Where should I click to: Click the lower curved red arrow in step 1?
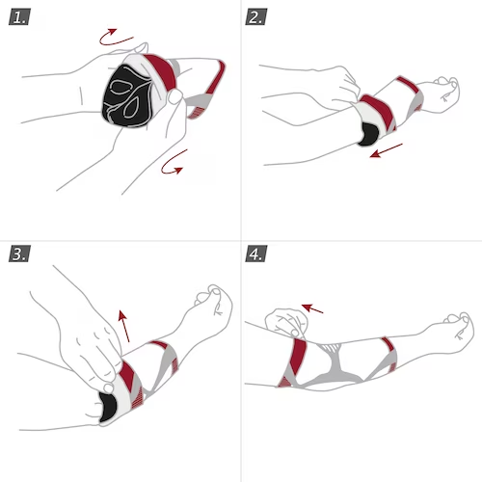tap(171, 166)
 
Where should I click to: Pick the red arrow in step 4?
tap(312, 308)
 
